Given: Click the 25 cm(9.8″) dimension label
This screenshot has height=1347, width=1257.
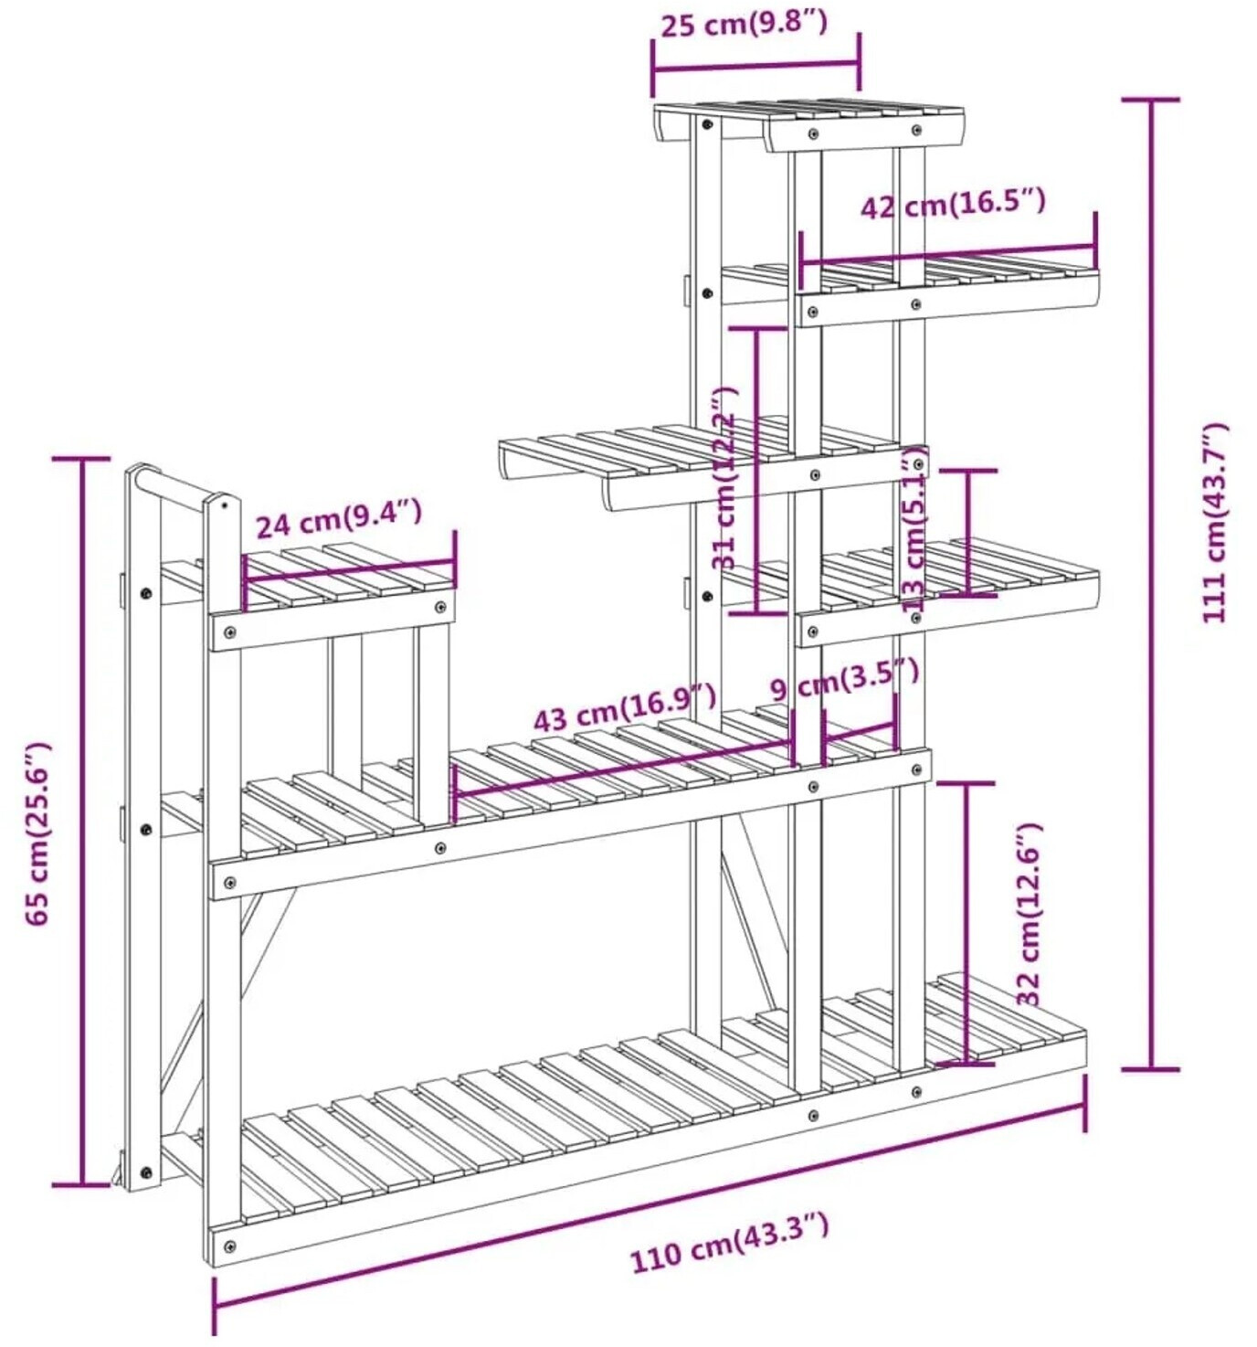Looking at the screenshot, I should coord(744,24).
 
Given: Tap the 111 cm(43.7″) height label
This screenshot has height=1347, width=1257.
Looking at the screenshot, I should coord(1216,524).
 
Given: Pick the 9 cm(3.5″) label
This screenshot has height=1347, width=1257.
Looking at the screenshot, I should coord(843,680).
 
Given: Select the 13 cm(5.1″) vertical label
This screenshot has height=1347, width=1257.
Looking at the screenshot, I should coord(914,530).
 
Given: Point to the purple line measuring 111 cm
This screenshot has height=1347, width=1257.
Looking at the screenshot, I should coord(1151,585).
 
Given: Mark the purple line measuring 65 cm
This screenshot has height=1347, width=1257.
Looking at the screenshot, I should coord(82,822).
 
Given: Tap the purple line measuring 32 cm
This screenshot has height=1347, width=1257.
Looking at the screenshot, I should coord(967,923).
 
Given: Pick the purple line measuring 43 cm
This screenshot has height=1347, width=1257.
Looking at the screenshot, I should coord(621,768).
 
